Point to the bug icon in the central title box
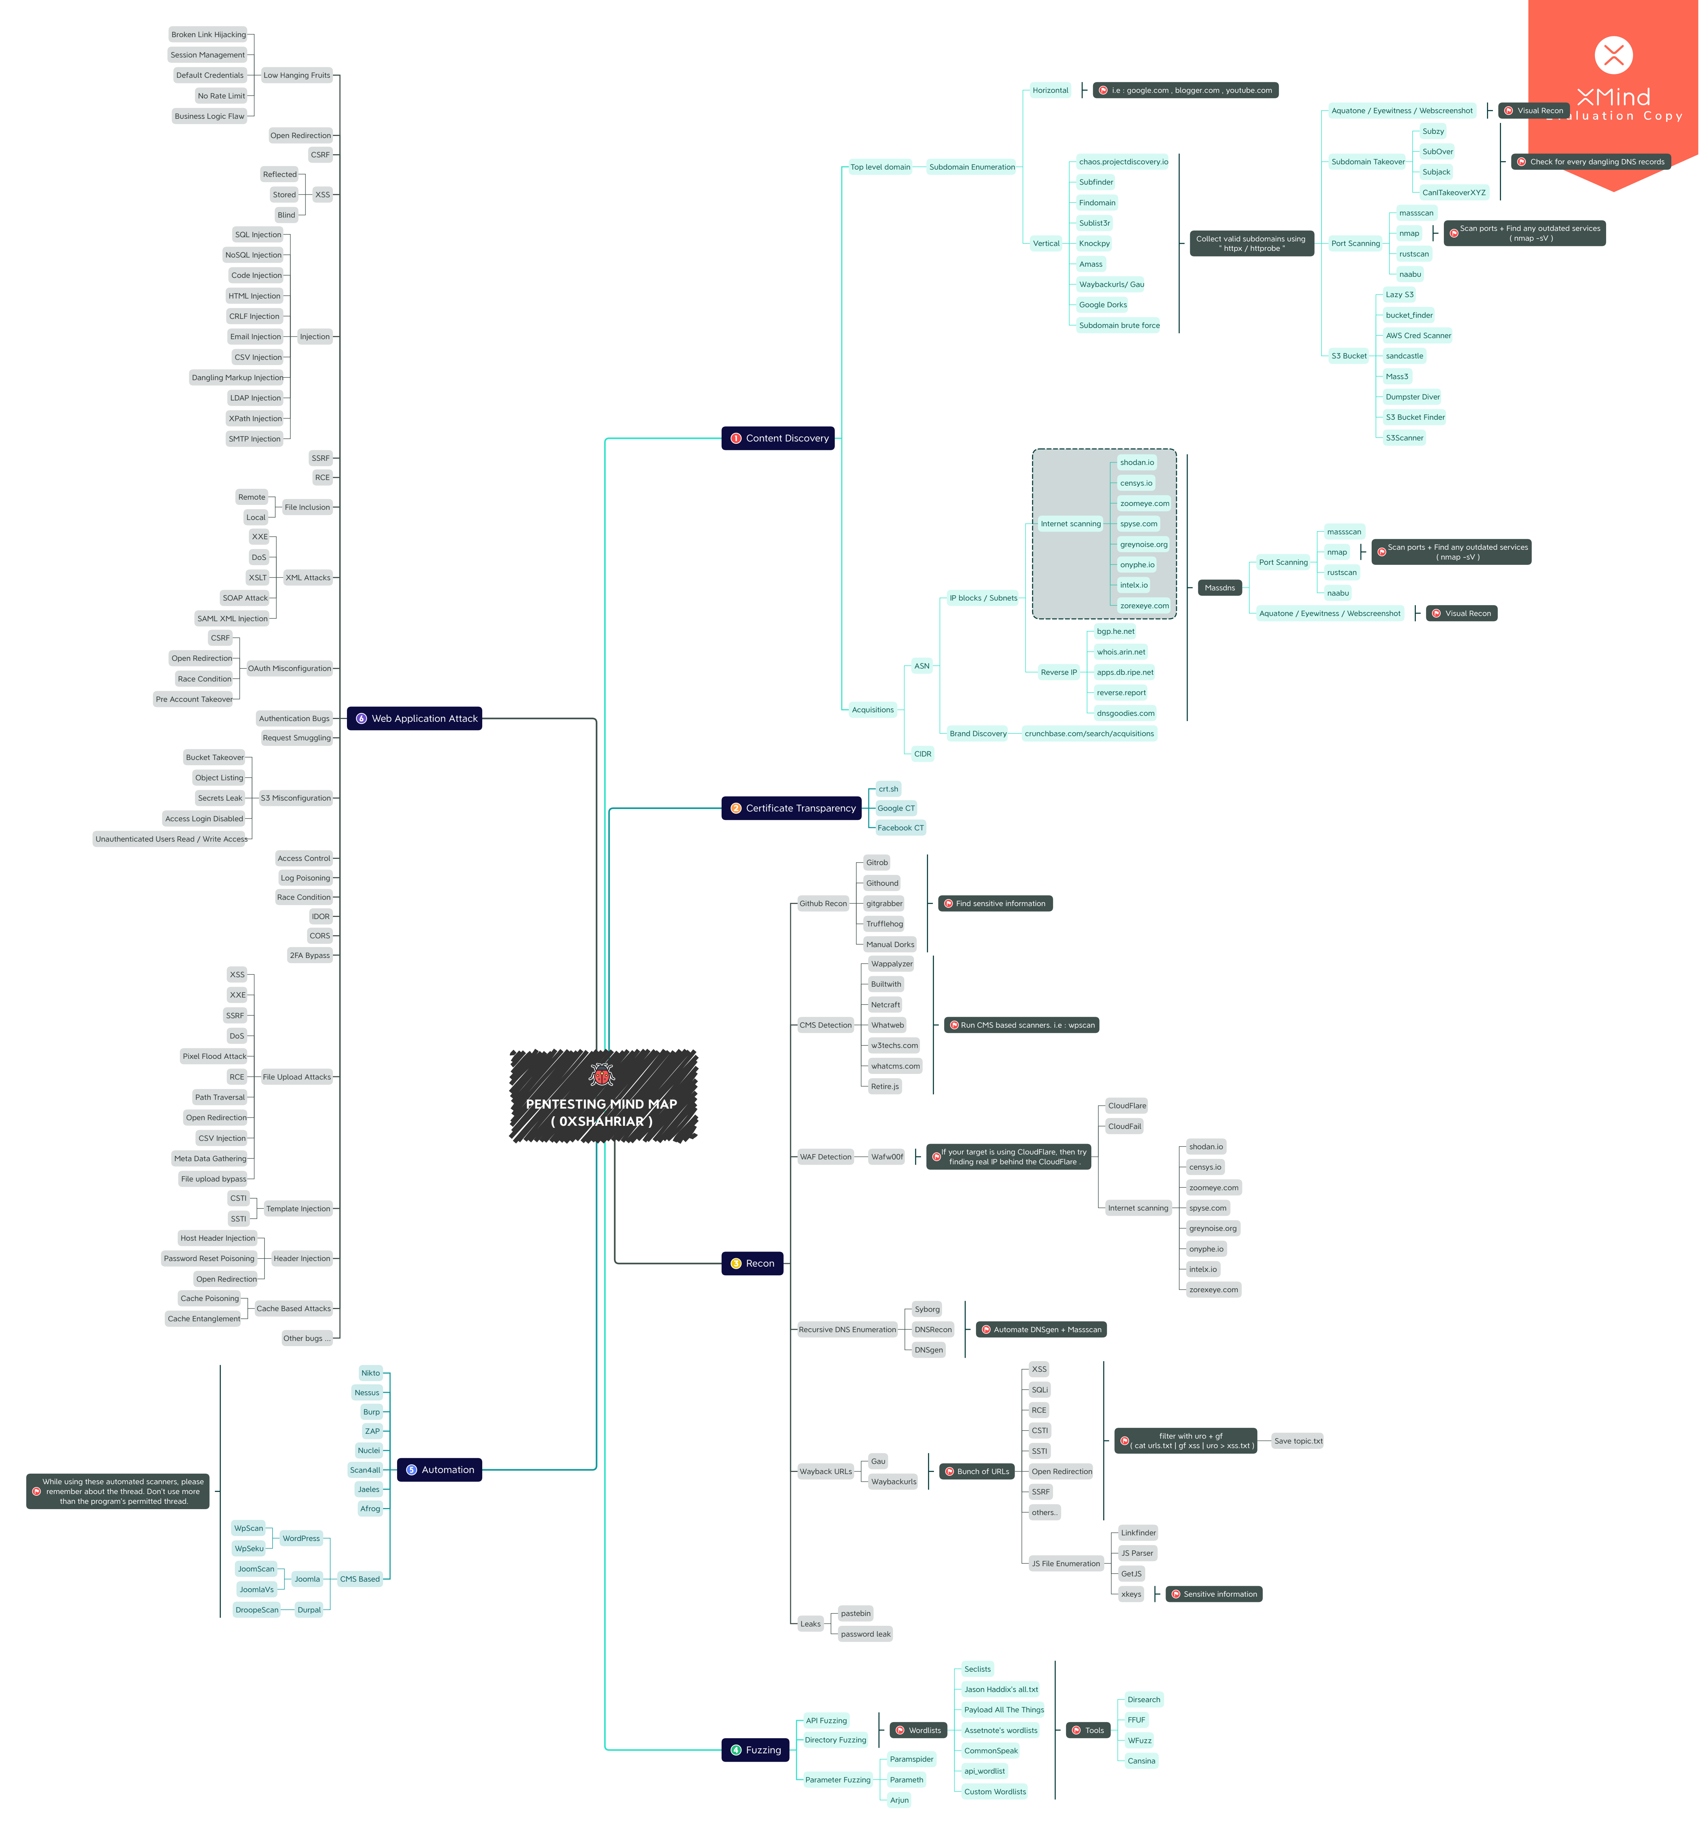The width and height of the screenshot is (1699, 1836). point(602,1075)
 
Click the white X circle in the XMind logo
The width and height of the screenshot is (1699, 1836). point(1613,55)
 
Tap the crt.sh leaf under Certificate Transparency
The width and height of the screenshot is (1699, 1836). point(888,789)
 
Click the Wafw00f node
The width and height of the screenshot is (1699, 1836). point(887,1157)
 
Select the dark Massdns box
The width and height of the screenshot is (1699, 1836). point(1219,588)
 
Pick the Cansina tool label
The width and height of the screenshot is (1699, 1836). point(1141,1761)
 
